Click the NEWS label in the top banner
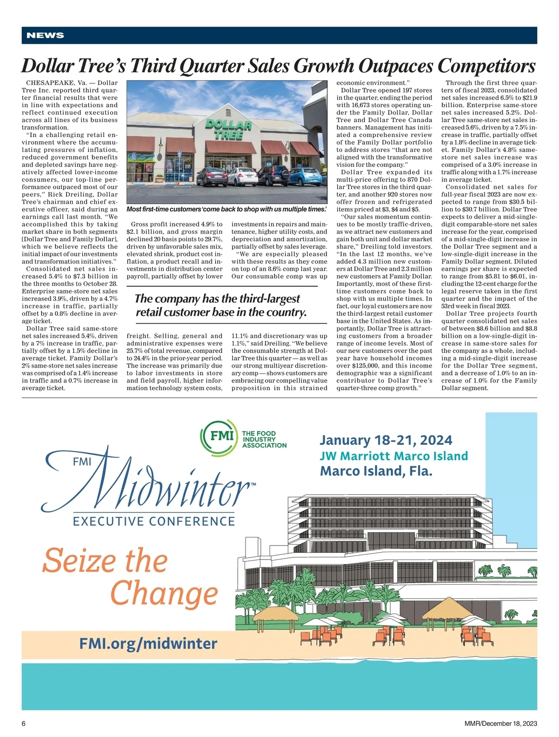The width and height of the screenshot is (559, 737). (x=45, y=35)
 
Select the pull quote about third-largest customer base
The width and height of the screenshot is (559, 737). (x=221, y=305)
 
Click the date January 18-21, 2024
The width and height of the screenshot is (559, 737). (x=386, y=440)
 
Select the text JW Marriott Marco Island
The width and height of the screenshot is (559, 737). (x=394, y=456)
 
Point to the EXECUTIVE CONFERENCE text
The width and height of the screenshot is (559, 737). (x=154, y=521)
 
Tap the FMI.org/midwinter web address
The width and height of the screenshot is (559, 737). (x=148, y=643)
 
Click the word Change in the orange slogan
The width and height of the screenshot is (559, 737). (x=164, y=594)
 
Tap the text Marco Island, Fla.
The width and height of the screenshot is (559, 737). (x=376, y=471)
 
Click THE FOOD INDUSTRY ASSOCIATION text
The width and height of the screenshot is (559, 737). (x=264, y=439)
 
